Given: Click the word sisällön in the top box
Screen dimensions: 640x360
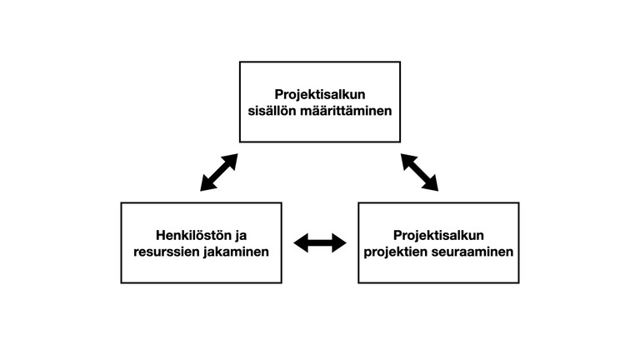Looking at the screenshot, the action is click(x=272, y=111).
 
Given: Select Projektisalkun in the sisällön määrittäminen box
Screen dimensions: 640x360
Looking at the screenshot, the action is click(x=320, y=95).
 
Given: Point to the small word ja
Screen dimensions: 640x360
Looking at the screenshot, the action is click(x=241, y=237).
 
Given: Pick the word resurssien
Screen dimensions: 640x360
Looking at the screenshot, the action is click(x=166, y=252).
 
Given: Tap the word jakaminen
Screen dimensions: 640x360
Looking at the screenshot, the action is click(x=237, y=252).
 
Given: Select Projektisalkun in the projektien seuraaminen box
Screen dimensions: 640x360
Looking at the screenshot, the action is click(x=439, y=236).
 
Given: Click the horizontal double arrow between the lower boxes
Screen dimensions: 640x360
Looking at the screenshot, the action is click(x=320, y=243).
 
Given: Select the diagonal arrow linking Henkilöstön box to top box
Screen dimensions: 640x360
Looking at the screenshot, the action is click(x=219, y=172).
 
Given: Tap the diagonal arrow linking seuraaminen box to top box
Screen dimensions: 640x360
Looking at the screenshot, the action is click(x=420, y=172).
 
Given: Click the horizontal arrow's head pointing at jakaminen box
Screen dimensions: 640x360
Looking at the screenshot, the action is click(x=301, y=243).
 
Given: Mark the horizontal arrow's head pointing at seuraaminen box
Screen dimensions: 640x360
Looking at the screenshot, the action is click(x=339, y=243).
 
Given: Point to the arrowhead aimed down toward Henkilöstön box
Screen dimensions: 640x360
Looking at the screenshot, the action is click(x=207, y=184).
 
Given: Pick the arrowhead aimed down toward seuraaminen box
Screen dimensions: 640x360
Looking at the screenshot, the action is click(x=432, y=184).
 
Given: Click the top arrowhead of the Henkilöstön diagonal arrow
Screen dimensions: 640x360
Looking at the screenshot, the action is click(x=231, y=160).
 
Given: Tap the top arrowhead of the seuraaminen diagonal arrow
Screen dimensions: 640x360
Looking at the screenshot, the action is click(x=407, y=160).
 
